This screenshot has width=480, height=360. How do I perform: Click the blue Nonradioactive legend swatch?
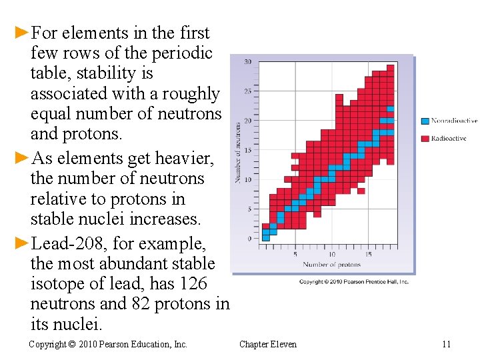click(x=425, y=121)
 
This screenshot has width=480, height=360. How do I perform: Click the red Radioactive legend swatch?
click(x=425, y=139)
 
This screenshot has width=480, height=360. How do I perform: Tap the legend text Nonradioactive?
click(x=454, y=121)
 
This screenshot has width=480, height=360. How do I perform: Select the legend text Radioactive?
click(x=449, y=139)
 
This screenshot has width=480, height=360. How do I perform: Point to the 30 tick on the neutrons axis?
click(x=247, y=62)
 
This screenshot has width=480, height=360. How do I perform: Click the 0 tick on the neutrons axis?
click(x=249, y=238)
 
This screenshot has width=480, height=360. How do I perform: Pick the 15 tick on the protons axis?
click(x=368, y=254)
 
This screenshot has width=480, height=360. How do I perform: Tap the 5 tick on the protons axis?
click(x=295, y=254)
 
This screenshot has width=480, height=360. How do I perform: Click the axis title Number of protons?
click(x=331, y=264)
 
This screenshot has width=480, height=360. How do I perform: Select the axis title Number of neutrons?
click(x=238, y=153)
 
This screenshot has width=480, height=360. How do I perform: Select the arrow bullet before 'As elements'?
click(x=23, y=159)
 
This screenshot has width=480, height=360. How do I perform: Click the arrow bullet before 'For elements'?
click(x=23, y=33)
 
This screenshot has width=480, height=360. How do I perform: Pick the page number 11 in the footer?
click(x=446, y=344)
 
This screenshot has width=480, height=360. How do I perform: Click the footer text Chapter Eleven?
click(x=268, y=344)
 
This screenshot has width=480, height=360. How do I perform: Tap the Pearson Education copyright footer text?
click(x=108, y=344)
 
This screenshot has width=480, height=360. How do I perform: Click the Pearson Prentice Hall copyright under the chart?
click(x=353, y=282)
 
